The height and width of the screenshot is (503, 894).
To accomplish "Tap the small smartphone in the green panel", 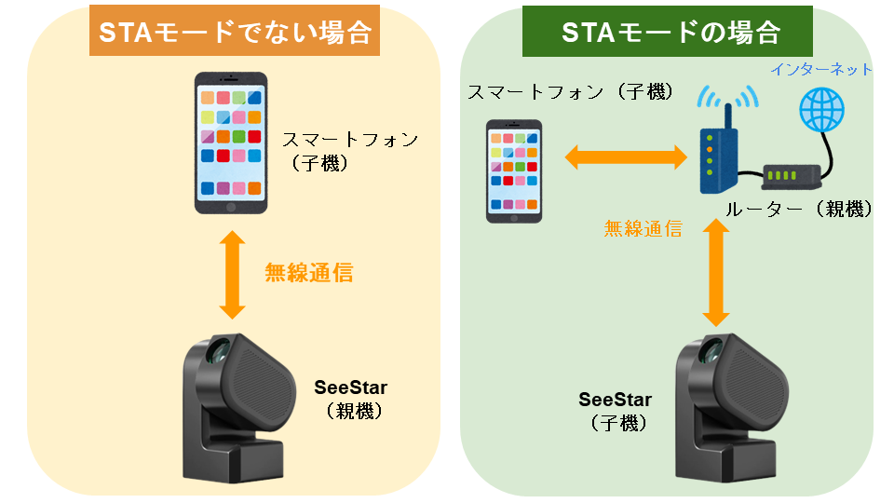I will coord(514,170).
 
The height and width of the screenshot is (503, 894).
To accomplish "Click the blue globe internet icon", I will coord(825,111).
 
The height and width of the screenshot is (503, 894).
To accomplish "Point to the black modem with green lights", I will coord(792,174).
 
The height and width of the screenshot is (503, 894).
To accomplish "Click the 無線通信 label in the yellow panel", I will coord(308,273).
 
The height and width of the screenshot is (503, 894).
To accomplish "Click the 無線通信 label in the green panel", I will coord(643,227).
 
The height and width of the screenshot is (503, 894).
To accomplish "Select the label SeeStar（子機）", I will coord(616,411).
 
